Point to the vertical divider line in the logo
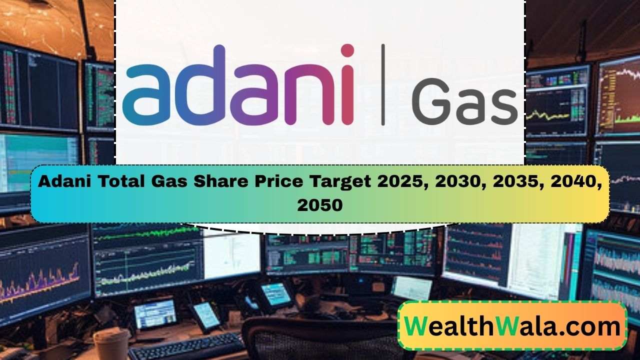click(383, 84)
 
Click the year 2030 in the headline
click(456, 182)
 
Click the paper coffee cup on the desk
click(111, 345)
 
